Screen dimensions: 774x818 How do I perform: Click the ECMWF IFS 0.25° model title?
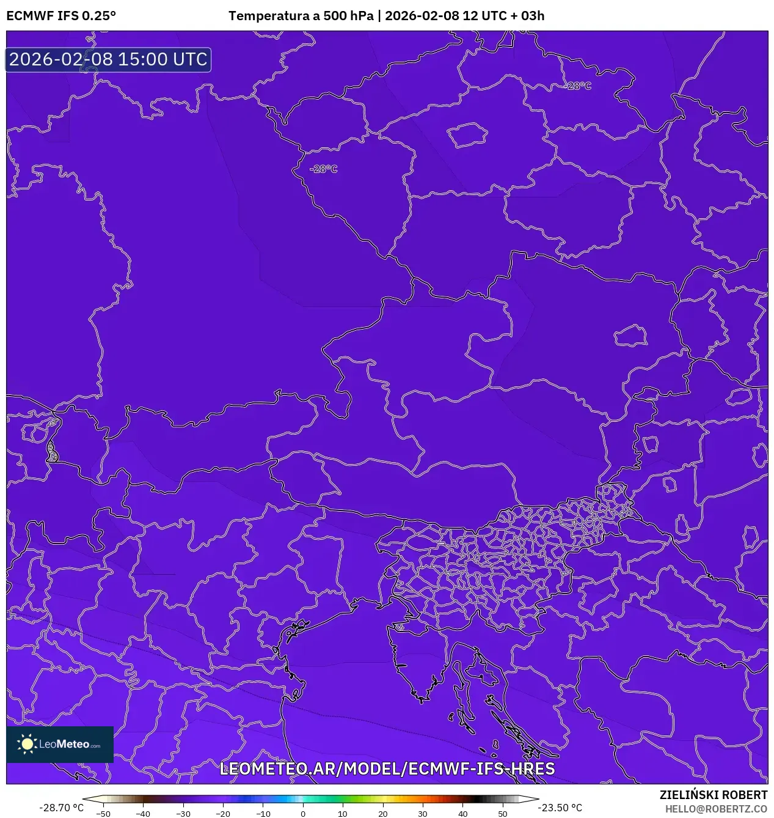point(61,16)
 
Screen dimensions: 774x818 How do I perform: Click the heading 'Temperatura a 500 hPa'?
point(301,16)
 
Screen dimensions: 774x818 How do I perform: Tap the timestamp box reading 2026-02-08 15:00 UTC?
point(108,59)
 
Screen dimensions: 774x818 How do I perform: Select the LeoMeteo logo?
point(60,744)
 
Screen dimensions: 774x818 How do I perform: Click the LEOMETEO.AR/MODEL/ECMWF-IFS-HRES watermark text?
point(387,768)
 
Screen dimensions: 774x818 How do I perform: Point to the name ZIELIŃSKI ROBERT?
point(713,795)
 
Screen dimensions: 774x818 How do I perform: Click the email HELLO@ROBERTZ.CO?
point(716,809)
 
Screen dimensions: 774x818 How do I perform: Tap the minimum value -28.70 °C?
point(61,808)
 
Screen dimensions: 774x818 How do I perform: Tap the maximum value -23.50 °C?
point(560,808)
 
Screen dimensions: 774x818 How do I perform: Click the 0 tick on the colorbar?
point(303,814)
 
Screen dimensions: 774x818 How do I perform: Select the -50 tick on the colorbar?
point(103,814)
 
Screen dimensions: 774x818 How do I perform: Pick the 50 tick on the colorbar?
point(503,814)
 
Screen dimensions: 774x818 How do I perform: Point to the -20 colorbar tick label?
point(223,814)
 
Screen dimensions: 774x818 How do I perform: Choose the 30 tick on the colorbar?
point(423,814)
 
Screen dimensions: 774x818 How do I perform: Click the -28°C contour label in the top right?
point(579,86)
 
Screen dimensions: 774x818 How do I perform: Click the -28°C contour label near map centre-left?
point(323,169)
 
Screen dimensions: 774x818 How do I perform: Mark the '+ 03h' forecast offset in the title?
point(527,16)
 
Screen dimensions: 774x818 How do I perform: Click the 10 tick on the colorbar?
point(343,814)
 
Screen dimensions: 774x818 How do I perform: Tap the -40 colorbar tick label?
point(143,814)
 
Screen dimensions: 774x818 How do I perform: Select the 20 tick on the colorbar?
point(383,814)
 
